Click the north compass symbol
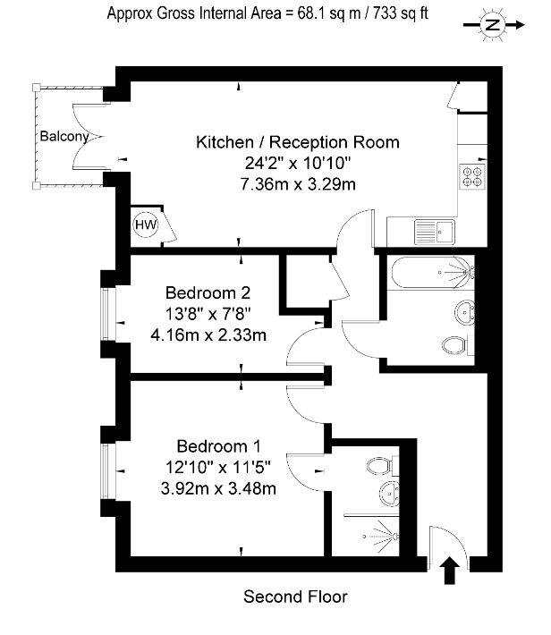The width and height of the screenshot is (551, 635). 493,25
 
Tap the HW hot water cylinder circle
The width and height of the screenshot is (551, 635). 146,224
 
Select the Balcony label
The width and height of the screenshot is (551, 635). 64,137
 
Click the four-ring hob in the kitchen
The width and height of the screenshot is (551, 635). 473,176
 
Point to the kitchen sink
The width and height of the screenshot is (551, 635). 435,232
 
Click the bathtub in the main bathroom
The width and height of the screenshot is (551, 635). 433,272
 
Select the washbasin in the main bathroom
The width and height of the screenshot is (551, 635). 465,312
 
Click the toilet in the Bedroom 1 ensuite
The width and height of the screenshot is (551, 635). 383,466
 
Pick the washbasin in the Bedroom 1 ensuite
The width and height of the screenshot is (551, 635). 390,494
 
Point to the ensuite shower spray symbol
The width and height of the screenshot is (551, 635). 382,537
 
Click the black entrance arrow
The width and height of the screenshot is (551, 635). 450,571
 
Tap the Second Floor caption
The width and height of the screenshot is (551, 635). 295,597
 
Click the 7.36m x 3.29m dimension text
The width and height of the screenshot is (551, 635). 298,184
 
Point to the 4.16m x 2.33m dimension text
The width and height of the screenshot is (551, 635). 208,335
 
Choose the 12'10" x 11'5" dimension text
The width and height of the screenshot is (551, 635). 218,468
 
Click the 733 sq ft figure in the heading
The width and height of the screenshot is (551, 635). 401,13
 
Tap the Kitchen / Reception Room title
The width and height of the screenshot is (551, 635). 298,142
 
